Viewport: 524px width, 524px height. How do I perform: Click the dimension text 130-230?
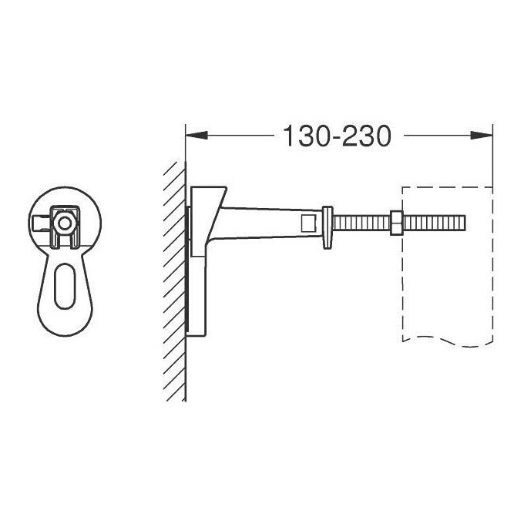pyautogui.click(x=338, y=136)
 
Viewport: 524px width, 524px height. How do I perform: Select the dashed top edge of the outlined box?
pyautogui.click(x=447, y=186)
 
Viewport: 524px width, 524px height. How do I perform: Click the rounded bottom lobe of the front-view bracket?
pyautogui.click(x=65, y=308)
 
